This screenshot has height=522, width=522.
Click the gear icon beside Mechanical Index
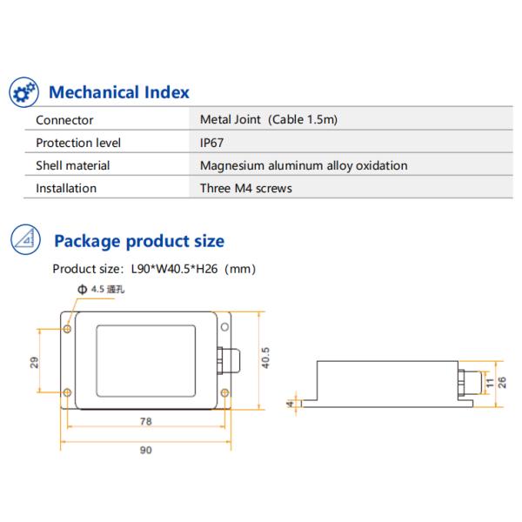pos(24,90)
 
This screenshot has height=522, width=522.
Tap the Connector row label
pos(64,120)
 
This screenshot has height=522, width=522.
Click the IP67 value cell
pos(211,143)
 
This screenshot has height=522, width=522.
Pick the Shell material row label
pos(72,165)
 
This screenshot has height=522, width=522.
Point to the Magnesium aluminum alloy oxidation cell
pos(304,165)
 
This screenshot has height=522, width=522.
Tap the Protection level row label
pos(78,143)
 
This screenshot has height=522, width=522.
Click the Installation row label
pos(66,188)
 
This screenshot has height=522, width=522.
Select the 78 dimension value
pos(145,421)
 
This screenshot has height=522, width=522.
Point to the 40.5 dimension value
pos(266,359)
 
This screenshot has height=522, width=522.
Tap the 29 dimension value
pos(35,361)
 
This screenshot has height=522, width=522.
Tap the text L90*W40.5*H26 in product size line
pos(177,269)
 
